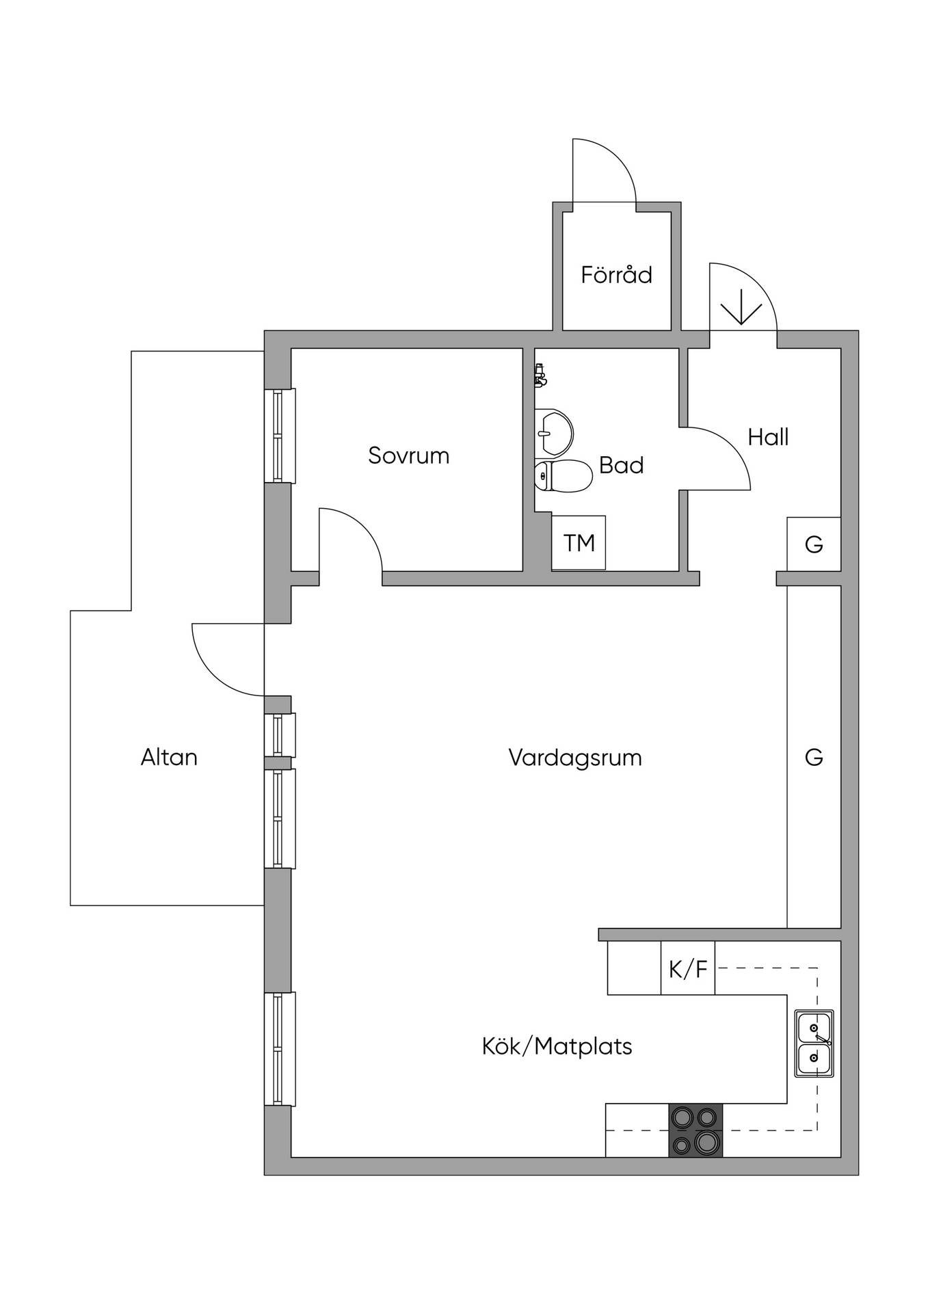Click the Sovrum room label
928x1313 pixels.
(408, 455)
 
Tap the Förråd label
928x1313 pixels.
(616, 274)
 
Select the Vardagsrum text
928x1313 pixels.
(575, 758)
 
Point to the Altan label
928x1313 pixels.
(169, 757)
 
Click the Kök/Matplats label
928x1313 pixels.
(557, 1046)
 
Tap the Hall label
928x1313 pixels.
(768, 437)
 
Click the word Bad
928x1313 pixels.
(621, 465)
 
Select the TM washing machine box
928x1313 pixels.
(579, 543)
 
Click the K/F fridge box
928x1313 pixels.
(687, 968)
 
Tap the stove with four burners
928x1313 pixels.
(695, 1130)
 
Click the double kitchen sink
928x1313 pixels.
(814, 1043)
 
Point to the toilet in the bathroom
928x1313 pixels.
(563, 476)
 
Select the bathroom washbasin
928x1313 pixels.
(553, 432)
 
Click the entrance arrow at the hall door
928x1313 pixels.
(742, 307)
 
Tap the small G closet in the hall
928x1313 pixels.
(814, 544)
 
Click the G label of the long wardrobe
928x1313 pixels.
(814, 757)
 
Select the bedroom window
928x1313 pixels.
(280, 436)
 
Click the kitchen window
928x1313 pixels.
(280, 1048)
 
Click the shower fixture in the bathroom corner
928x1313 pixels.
(541, 375)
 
